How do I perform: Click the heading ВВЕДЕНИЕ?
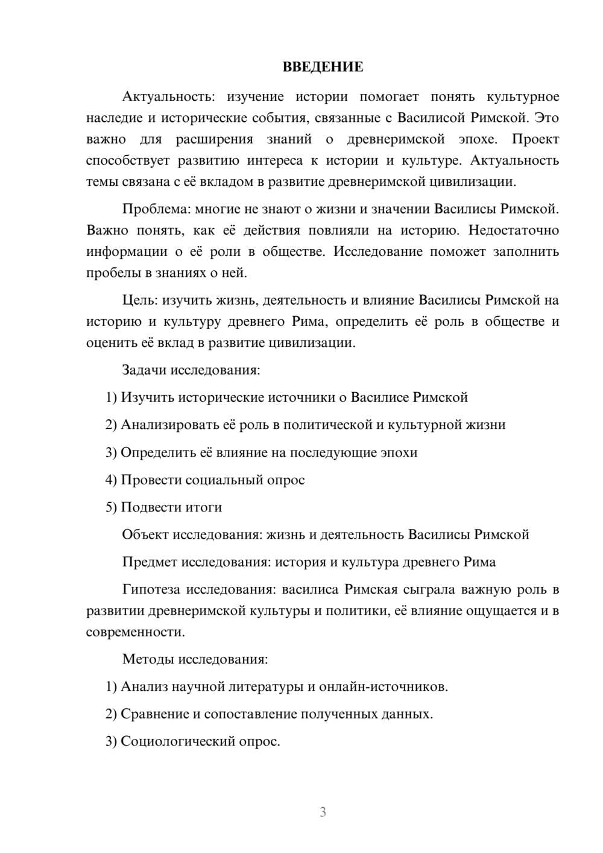tap(323, 67)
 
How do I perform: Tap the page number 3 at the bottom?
tap(323, 812)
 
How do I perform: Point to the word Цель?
tap(140, 300)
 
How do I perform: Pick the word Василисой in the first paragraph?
tap(426, 118)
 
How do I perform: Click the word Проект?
tap(535, 139)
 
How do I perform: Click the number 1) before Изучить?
tap(112, 398)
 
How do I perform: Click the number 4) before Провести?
tap(112, 480)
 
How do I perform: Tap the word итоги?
tap(201, 507)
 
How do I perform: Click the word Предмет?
tap(150, 562)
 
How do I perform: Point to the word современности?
tap(134, 632)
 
